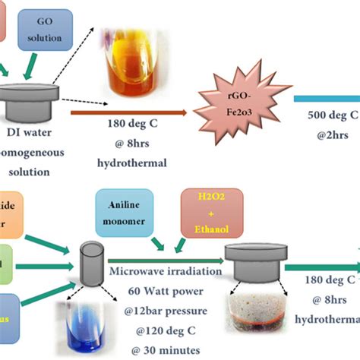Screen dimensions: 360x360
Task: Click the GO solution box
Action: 45,29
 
